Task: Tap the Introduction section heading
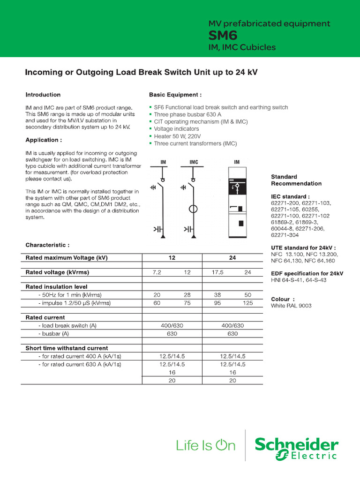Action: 43,95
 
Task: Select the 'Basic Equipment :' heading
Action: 175,95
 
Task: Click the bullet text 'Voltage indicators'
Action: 176,129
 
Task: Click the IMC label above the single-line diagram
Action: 194,162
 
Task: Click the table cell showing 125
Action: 248,303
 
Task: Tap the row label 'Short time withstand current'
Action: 67,348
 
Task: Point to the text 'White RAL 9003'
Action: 291,306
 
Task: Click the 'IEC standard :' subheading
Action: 290,196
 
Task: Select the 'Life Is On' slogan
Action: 206,446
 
